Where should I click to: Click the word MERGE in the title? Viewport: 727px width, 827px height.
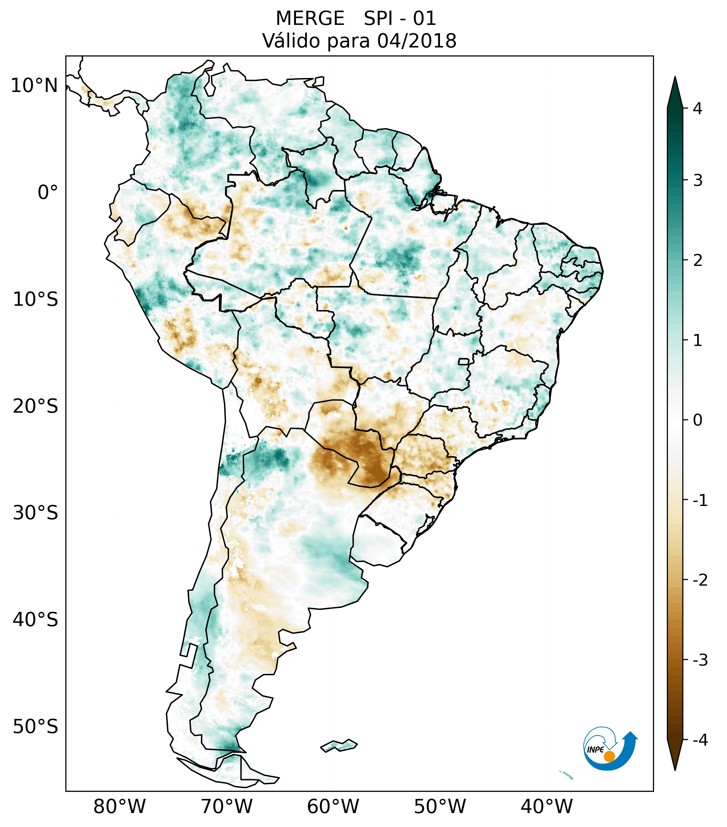[310, 19]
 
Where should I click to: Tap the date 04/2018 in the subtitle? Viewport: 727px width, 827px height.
[416, 41]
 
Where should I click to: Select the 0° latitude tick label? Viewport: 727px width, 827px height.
[48, 193]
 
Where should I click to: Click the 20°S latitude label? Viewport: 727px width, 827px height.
[36, 406]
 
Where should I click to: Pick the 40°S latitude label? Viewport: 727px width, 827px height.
[36, 620]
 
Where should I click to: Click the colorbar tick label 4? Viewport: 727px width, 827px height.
[697, 109]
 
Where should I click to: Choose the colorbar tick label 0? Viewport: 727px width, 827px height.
[697, 420]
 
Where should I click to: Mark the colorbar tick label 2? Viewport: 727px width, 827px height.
[697, 261]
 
